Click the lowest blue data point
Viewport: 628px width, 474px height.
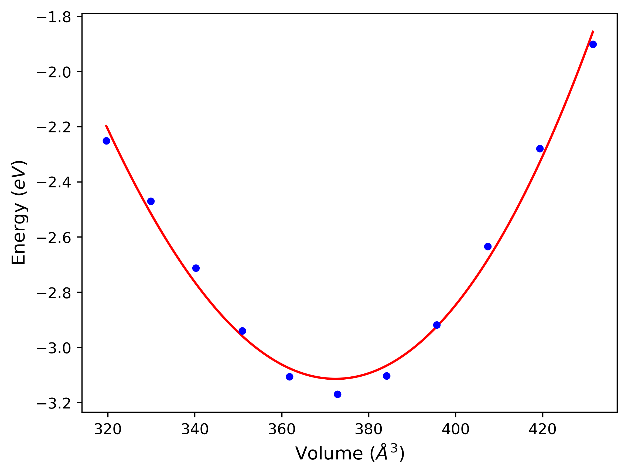tap(337, 394)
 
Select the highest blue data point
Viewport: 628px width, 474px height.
tap(593, 44)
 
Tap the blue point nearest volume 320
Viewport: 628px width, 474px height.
tap(107, 141)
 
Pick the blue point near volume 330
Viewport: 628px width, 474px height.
tap(151, 201)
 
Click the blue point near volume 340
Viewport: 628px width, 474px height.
tap(196, 268)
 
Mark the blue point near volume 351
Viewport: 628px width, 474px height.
tap(242, 331)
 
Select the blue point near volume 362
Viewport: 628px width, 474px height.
tap(289, 377)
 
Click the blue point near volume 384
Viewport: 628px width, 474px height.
tap(386, 376)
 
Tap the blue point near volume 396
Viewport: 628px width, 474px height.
tap(437, 325)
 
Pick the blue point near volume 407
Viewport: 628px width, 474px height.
tap(488, 246)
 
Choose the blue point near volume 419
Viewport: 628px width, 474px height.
tap(540, 149)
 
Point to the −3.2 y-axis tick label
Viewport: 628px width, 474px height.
tap(54, 404)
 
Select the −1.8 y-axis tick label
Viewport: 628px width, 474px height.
tap(54, 18)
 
